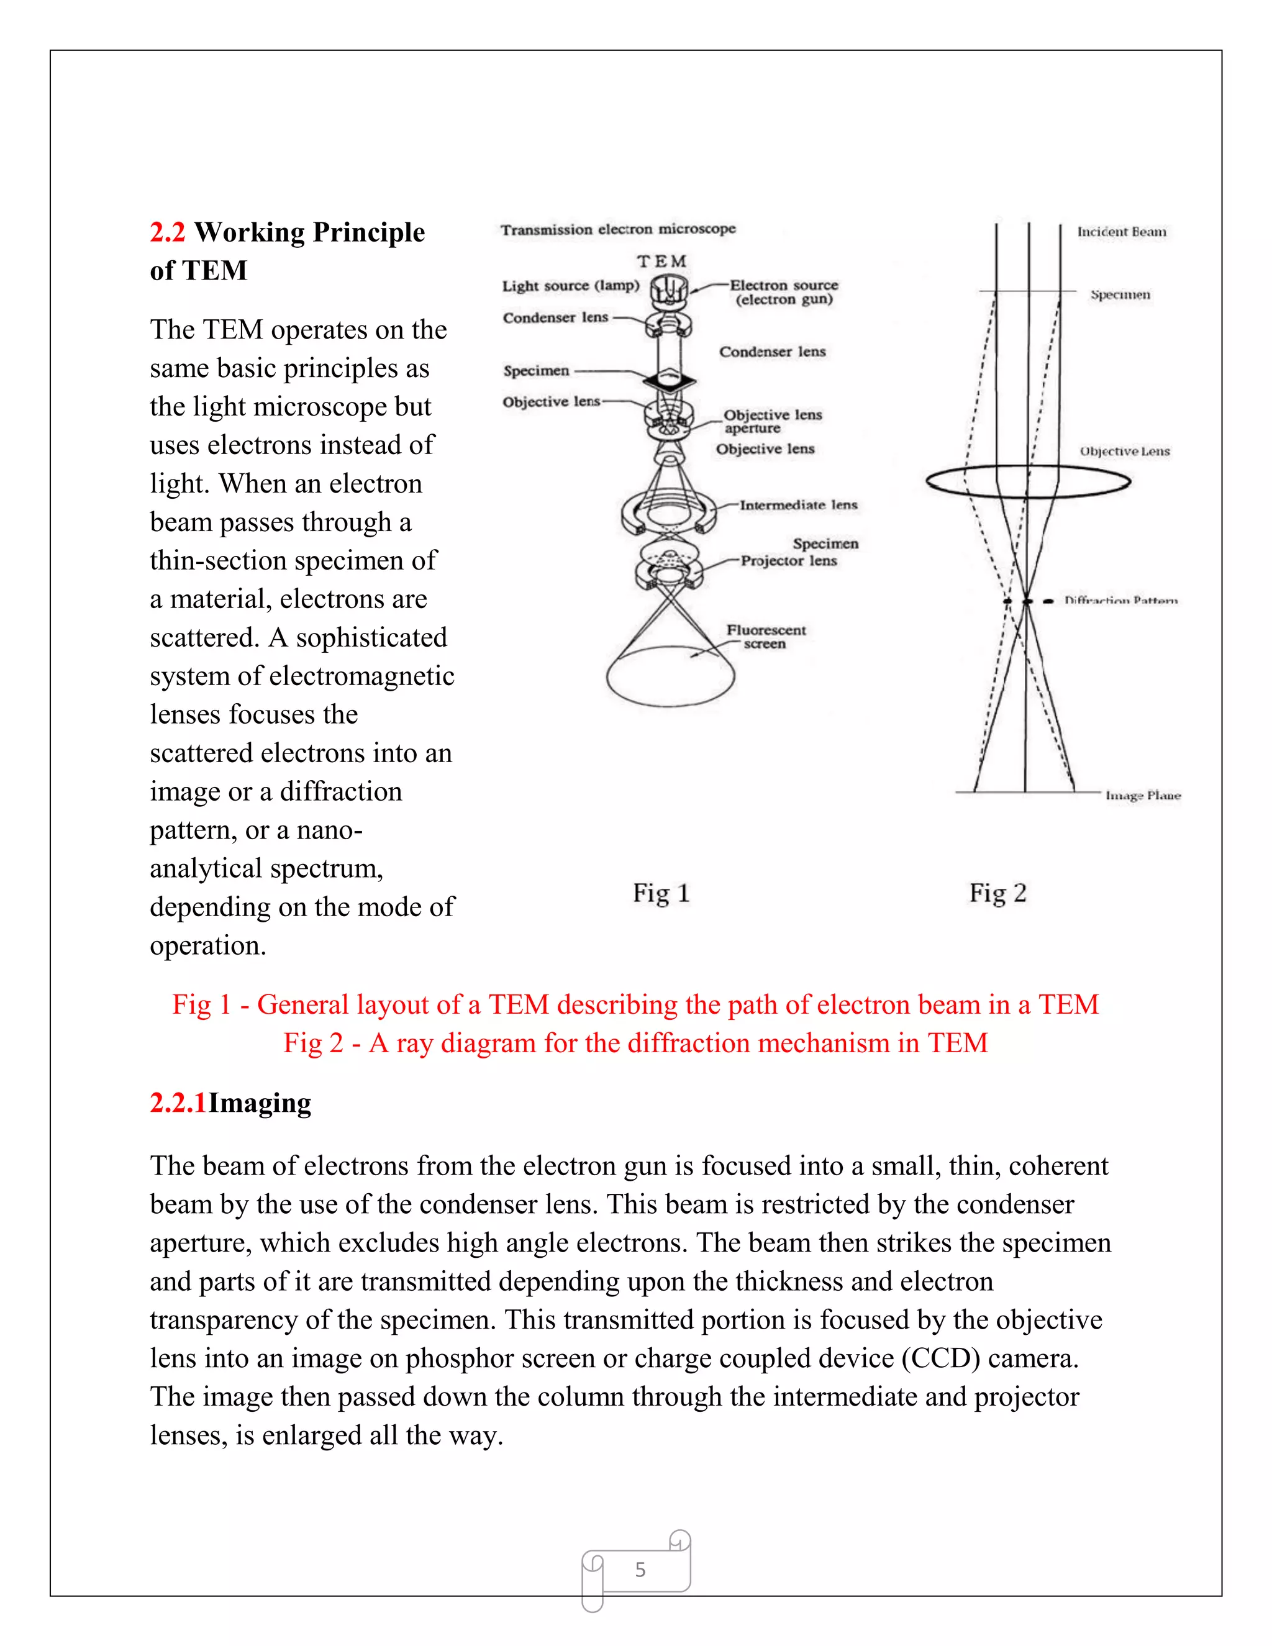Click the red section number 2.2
tap(166, 232)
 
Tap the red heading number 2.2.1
tap(178, 1103)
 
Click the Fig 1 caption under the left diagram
tap(661, 893)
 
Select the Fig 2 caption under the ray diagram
tap(997, 893)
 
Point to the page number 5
tap(640, 1569)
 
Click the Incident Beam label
tap(1120, 232)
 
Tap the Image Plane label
tap(1142, 795)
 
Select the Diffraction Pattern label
tap(1120, 601)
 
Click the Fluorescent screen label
tap(766, 636)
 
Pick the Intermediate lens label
tap(798, 505)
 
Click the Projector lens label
tap(788, 561)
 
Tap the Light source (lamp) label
tap(570, 286)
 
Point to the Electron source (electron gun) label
tap(784, 292)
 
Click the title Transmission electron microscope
tap(618, 229)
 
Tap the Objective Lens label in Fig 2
tap(1124, 452)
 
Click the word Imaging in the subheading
tap(259, 1103)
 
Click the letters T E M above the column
tap(661, 261)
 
